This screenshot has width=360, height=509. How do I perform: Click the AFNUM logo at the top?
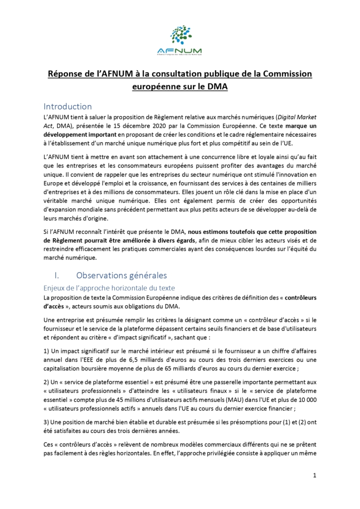click(x=179, y=41)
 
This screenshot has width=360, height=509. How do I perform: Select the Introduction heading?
click(x=68, y=106)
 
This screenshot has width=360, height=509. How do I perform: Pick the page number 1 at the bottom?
click(x=314, y=475)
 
